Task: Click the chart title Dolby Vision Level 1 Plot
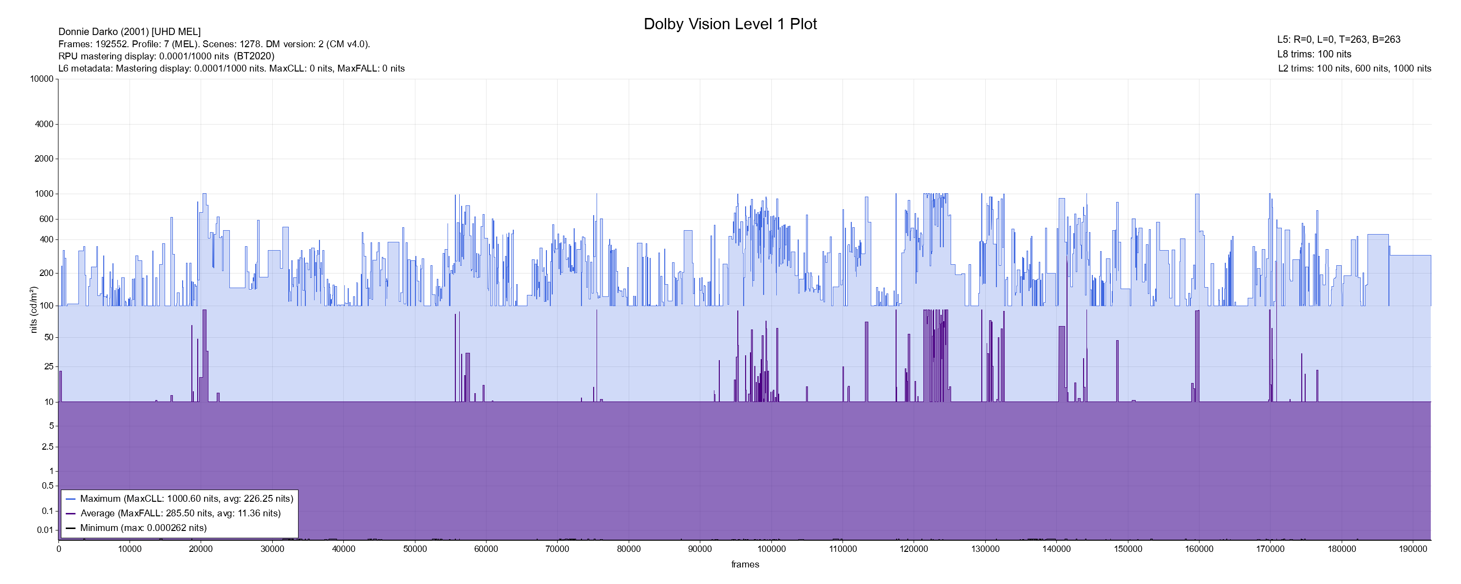pos(730,24)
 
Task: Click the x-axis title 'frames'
pos(745,564)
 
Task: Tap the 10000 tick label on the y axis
pos(42,79)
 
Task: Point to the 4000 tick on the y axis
pos(44,124)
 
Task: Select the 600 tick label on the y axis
pos(46,219)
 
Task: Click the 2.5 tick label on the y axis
pos(48,447)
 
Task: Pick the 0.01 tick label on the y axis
pos(45,530)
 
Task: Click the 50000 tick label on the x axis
pos(414,549)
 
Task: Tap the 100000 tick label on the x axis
pos(771,549)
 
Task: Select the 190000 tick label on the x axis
pos(1413,549)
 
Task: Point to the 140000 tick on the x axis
pos(1057,549)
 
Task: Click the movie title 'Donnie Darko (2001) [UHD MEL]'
pos(130,32)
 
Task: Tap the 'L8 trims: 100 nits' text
pos(1314,54)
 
